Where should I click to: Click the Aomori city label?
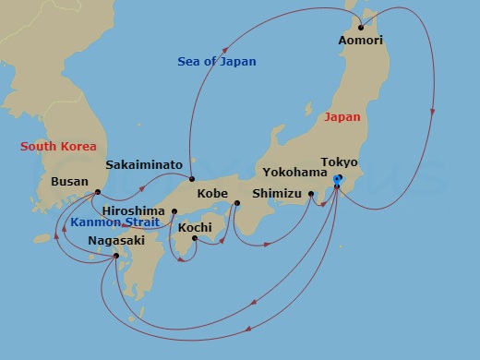click(x=362, y=41)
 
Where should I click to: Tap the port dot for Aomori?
click(x=361, y=27)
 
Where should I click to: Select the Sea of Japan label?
click(x=217, y=62)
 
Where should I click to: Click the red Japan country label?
click(x=342, y=118)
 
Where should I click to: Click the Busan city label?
click(x=71, y=182)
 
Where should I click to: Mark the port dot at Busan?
click(x=98, y=193)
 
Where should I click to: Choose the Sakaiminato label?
click(x=143, y=164)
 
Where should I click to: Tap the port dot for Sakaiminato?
click(x=192, y=178)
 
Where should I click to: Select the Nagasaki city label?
click(x=116, y=241)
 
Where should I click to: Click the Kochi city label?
click(x=195, y=226)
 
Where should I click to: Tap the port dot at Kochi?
click(x=195, y=238)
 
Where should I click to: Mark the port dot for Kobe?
click(x=236, y=203)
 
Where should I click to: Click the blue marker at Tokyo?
click(x=338, y=179)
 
